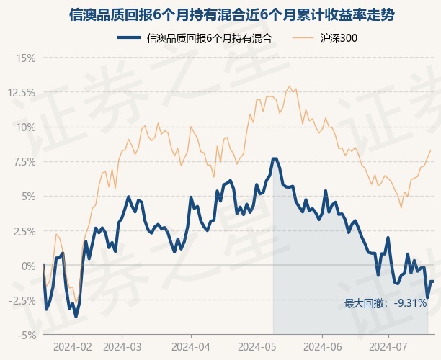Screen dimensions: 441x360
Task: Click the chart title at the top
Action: point(232,15)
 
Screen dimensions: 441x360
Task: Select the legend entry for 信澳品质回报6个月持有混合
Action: point(195,38)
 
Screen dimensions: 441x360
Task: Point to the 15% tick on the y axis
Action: point(26,58)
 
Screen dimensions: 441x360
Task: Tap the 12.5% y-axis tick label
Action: point(22,93)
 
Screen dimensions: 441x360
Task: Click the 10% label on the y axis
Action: point(26,127)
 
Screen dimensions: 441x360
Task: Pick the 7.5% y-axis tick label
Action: point(24,162)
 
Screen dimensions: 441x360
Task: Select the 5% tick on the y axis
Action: point(28,197)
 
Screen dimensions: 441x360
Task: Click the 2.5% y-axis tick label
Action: point(24,231)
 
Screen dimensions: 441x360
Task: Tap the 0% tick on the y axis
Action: point(28,266)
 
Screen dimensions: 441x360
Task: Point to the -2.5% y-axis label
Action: point(22,301)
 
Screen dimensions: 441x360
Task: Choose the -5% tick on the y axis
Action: point(27,336)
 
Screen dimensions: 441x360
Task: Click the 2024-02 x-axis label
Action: point(73,347)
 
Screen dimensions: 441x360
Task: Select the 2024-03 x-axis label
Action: point(122,347)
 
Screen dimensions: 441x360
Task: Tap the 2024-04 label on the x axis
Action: point(191,347)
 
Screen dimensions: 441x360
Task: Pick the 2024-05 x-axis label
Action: point(257,347)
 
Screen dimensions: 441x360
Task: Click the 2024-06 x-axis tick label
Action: point(323,347)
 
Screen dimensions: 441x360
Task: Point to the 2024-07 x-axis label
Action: point(388,347)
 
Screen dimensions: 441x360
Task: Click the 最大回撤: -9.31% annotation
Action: point(386,303)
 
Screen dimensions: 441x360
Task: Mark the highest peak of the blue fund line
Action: point(275,159)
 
